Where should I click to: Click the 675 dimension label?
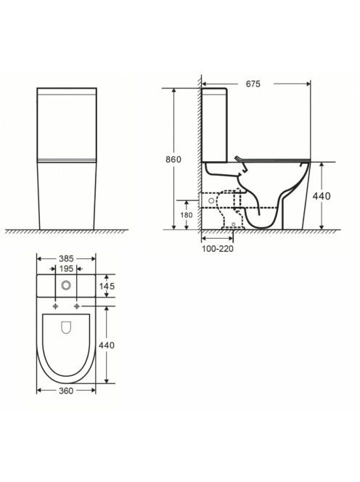(253, 83)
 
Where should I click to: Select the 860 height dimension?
(173, 160)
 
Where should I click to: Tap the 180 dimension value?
(187, 215)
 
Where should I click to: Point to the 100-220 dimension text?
(218, 249)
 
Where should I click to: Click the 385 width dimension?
(66, 259)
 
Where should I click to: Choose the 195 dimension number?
(66, 269)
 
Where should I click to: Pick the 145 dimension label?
(107, 286)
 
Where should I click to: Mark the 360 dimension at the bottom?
(66, 391)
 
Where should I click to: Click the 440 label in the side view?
(322, 196)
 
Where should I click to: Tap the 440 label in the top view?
(107, 346)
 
